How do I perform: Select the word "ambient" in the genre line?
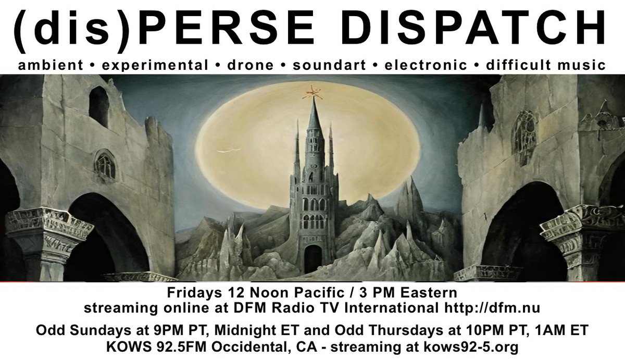pos(50,66)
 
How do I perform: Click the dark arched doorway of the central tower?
pos(312,258)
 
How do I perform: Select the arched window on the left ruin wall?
pos(105,166)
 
